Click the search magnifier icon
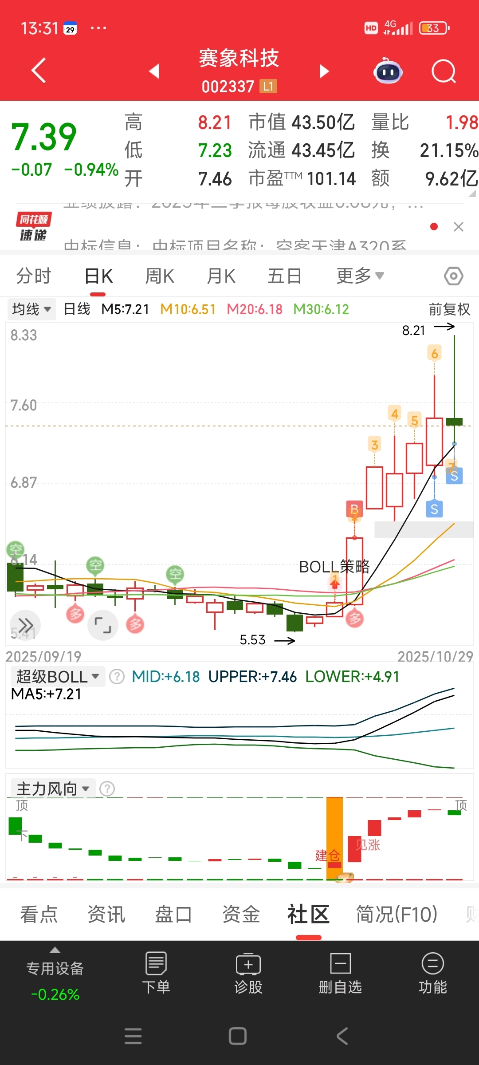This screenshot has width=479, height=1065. [x=444, y=71]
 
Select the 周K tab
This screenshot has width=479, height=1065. [x=160, y=276]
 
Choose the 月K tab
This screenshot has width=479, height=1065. [x=221, y=276]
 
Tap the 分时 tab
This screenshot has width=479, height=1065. [x=34, y=276]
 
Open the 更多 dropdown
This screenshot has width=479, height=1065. [x=360, y=276]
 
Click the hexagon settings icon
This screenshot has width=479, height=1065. [x=453, y=276]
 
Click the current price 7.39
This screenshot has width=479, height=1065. [x=43, y=137]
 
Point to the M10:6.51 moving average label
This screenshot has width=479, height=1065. [x=188, y=309]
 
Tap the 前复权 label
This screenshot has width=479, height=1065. [x=449, y=309]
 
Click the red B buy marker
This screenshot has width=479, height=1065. [x=354, y=509]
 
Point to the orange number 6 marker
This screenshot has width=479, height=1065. [x=435, y=354]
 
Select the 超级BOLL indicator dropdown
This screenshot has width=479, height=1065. [x=57, y=677]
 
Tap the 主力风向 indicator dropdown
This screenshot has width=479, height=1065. [x=53, y=789]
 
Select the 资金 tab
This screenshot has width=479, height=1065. [x=241, y=915]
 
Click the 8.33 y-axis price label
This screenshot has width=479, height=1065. [x=24, y=335]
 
